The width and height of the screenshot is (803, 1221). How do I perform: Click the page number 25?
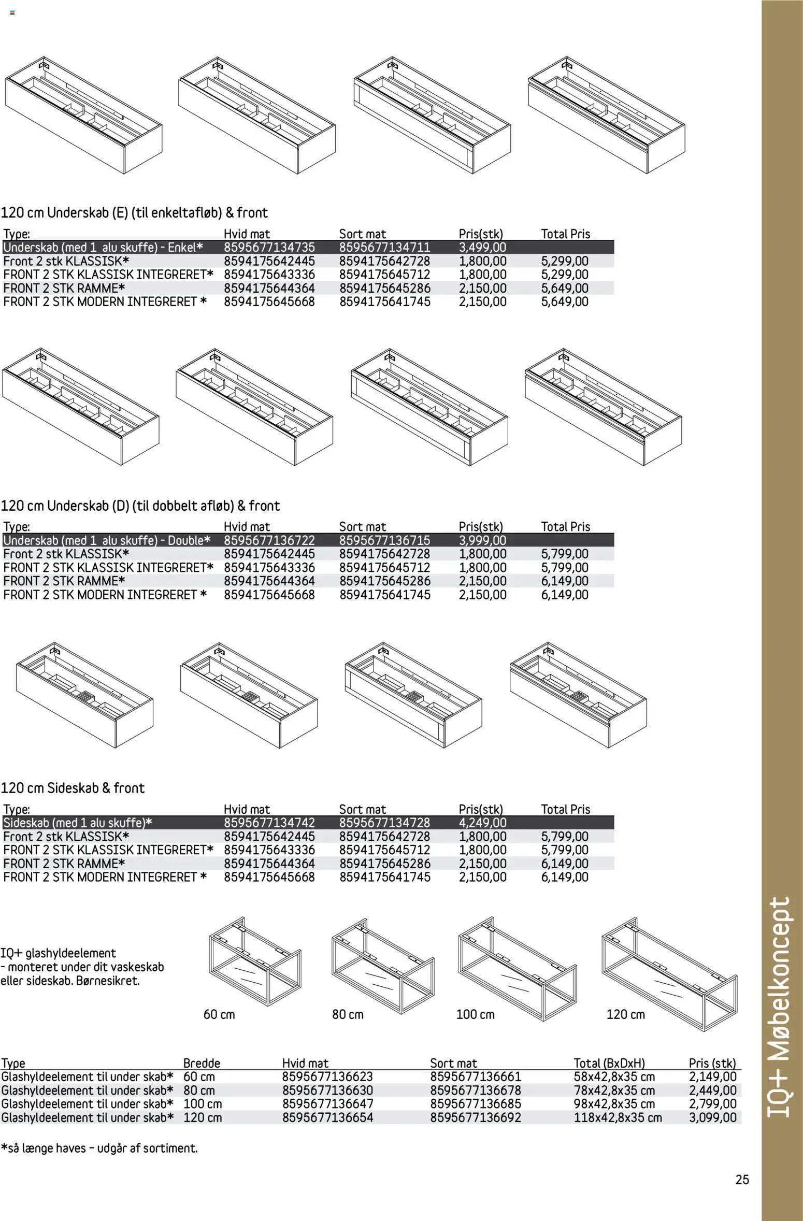[x=741, y=1180]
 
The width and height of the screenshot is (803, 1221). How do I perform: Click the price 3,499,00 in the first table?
[x=482, y=248]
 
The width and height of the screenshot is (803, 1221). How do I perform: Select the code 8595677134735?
[x=269, y=248]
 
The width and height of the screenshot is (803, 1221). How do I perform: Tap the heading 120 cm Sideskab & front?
[x=73, y=788]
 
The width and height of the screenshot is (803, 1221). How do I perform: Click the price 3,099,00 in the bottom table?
[x=712, y=1117]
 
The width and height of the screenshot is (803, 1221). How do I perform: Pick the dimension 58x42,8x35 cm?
[x=614, y=1076]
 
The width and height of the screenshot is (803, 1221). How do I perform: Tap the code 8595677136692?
[x=475, y=1117]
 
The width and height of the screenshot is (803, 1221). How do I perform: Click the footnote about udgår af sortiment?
[x=99, y=1148]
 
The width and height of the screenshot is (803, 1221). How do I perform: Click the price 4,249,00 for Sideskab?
[x=482, y=823]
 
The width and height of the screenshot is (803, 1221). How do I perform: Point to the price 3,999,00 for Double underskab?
[x=482, y=540]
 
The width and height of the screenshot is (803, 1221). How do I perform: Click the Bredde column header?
[x=202, y=1063]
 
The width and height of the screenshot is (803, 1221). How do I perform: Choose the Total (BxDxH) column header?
[x=609, y=1063]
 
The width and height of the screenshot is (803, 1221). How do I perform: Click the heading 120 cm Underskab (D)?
[x=140, y=506]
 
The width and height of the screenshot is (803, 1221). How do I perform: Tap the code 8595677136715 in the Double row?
[x=384, y=540]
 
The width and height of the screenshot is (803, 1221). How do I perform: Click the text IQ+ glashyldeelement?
[x=58, y=953]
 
